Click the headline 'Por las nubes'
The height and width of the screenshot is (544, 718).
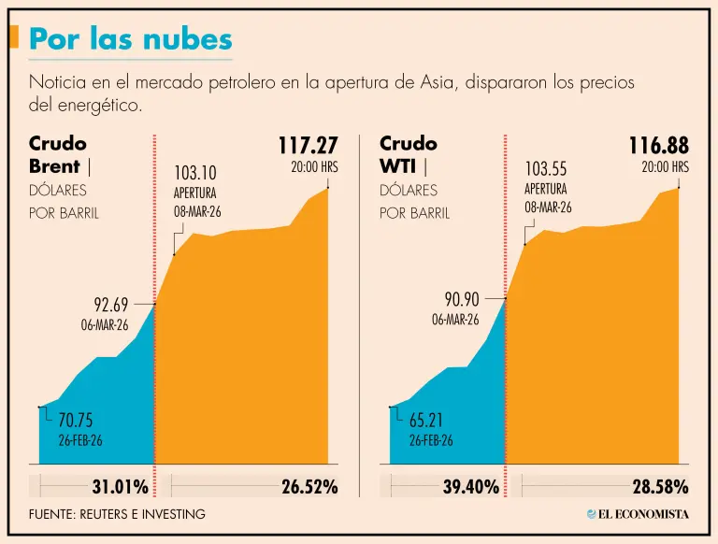[131, 38]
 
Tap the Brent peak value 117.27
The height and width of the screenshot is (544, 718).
[308, 146]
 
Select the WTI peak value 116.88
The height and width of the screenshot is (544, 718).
[658, 146]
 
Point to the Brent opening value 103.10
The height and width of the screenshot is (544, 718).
[194, 173]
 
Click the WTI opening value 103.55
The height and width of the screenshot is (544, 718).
[546, 169]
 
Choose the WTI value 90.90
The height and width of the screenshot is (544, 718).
[462, 300]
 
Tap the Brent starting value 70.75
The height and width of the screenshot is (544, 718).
[77, 420]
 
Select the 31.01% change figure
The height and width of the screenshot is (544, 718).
[120, 486]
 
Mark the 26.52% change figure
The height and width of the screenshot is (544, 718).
[309, 486]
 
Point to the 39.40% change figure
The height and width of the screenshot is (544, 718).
[470, 486]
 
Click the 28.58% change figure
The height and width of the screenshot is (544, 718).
[660, 486]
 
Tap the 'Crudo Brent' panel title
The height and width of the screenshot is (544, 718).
[58, 155]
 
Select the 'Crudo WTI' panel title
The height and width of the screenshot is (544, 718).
[409, 155]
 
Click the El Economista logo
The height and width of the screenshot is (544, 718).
[638, 513]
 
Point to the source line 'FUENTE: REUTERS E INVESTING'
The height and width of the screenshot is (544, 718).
[117, 514]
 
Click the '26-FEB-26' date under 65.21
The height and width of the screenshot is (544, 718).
[431, 440]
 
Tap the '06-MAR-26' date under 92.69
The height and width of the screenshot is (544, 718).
[105, 325]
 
